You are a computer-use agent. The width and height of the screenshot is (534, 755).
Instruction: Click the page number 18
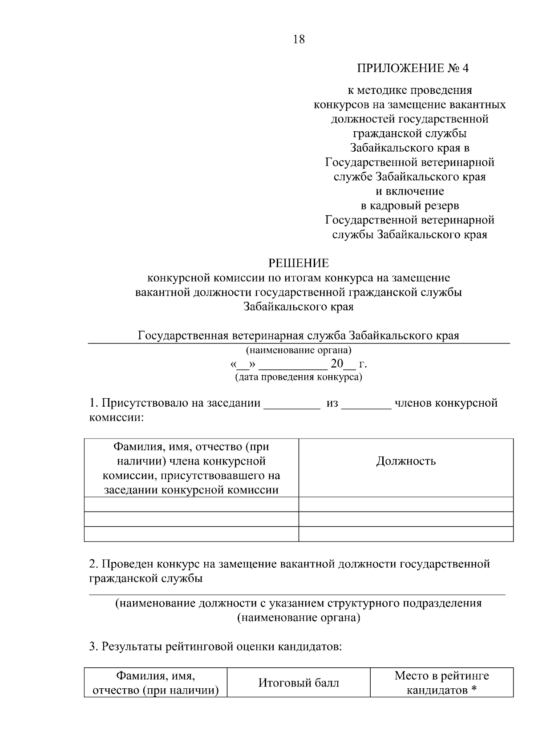299,40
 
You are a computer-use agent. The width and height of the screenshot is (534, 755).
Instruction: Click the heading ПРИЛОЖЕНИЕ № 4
413,68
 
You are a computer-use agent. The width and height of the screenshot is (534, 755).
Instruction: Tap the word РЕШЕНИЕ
299,263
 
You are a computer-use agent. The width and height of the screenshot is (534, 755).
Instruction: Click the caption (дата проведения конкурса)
299,377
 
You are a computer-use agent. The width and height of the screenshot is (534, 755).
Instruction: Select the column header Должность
405,461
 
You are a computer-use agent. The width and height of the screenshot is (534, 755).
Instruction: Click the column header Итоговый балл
299,683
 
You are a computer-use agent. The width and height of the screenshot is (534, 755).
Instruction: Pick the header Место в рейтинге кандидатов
441,683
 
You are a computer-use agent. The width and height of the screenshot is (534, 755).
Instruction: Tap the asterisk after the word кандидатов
474,690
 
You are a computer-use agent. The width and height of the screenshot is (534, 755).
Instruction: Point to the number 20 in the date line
337,364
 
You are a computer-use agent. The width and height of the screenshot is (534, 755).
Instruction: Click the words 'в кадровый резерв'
409,206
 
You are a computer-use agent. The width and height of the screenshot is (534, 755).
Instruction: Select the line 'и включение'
409,191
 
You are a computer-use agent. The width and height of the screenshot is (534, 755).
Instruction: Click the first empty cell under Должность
405,505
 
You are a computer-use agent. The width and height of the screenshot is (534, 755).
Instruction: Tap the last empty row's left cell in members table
191,534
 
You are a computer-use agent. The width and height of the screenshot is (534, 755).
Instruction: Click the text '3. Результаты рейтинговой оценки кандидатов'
215,646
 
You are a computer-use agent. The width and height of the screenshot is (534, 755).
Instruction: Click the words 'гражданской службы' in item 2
146,579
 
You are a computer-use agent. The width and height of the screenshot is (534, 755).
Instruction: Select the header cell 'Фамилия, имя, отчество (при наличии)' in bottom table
156,683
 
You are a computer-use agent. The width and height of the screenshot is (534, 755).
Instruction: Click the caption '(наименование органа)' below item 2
299,618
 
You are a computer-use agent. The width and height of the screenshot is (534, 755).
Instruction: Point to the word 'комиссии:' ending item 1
116,418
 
